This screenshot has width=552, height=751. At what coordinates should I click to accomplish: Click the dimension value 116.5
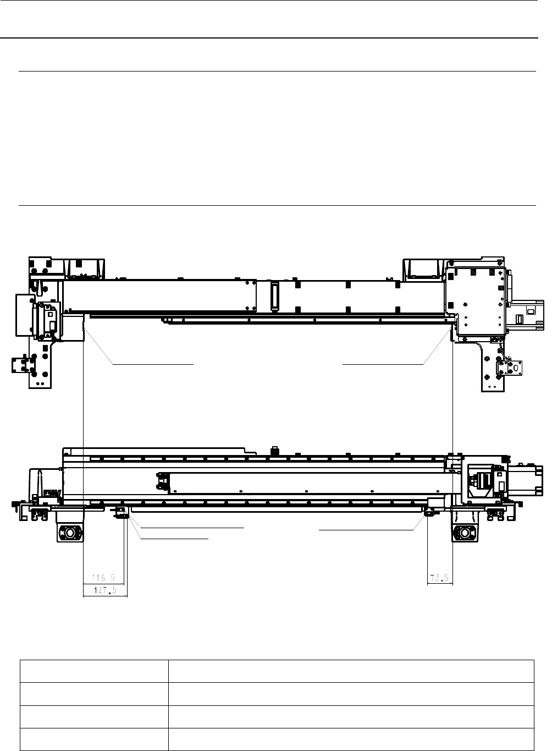103,578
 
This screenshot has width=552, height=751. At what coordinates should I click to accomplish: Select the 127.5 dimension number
105,590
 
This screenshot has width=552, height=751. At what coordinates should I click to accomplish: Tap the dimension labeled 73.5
439,578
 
